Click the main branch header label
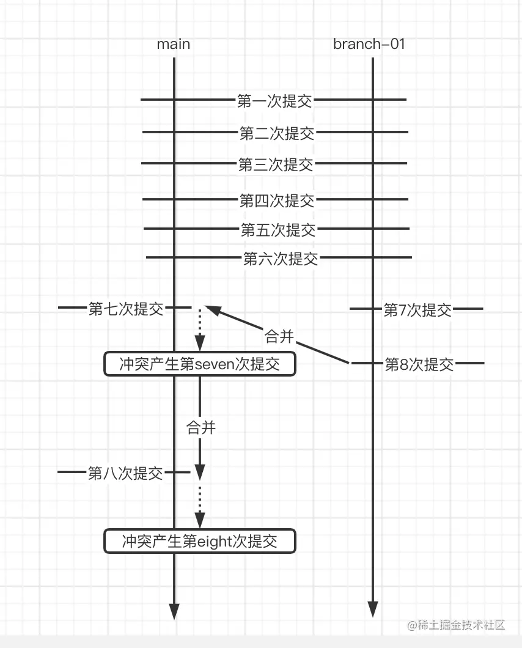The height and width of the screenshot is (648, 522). click(x=174, y=44)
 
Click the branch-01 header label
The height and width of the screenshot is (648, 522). click(x=369, y=44)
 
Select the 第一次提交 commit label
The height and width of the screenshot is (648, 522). click(x=274, y=100)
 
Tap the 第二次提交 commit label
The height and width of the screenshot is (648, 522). click(x=277, y=133)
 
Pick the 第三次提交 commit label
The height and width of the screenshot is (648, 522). click(x=276, y=164)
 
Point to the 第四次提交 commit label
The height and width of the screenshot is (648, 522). click(x=277, y=200)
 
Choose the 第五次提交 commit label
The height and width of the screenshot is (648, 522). click(x=278, y=230)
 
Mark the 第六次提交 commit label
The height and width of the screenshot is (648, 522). click(x=281, y=259)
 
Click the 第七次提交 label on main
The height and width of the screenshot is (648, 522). click(x=126, y=309)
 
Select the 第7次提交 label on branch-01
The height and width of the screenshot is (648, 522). click(x=417, y=310)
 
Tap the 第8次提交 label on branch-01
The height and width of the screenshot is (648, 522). click(x=419, y=364)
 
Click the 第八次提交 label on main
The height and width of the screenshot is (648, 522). click(x=125, y=473)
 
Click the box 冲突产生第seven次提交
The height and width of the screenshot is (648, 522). click(x=200, y=364)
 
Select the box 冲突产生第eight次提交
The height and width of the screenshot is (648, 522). click(x=199, y=541)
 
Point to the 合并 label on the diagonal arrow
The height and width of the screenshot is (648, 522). click(x=279, y=336)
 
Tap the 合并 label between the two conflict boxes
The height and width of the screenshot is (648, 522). click(x=201, y=427)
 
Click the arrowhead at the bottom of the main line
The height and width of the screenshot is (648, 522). click(x=174, y=611)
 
